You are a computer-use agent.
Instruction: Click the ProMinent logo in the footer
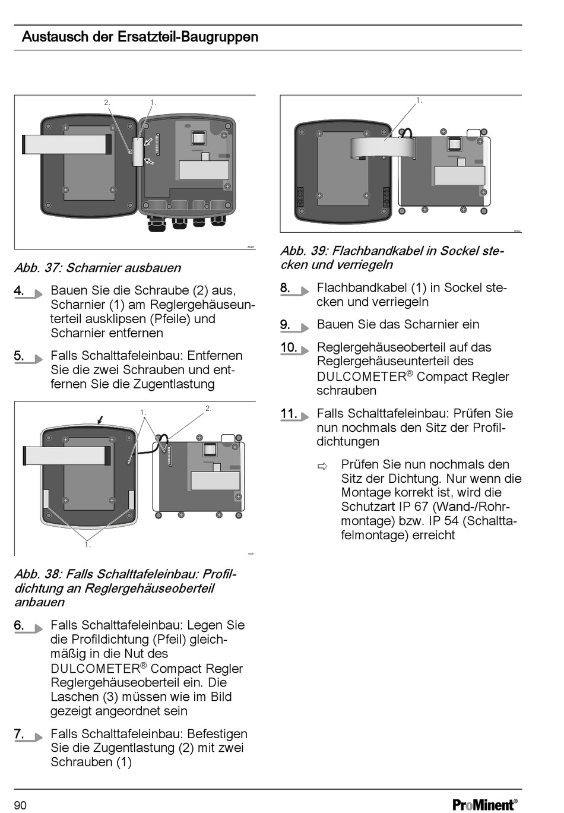tap(484, 805)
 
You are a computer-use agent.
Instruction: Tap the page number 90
tap(20, 805)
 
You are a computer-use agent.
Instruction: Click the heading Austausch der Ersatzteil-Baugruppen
tap(140, 37)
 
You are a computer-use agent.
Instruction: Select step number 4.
tap(20, 290)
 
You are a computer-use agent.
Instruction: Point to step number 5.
tap(20, 356)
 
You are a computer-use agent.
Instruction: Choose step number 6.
tap(20, 625)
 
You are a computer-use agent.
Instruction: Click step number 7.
tap(20, 734)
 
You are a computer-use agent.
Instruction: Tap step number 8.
tap(286, 288)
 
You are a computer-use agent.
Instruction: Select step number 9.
tap(286, 325)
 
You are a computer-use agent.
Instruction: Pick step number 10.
tap(289, 347)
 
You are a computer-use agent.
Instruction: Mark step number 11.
tap(289, 413)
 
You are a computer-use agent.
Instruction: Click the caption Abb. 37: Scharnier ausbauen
tap(98, 268)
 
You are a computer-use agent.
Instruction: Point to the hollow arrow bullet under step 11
tap(322, 466)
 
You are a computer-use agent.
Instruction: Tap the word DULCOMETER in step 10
tap(362, 377)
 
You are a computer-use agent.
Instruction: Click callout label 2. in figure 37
tap(107, 103)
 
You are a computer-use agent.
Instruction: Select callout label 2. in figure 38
tap(208, 409)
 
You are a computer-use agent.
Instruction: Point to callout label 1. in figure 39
tap(419, 100)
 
